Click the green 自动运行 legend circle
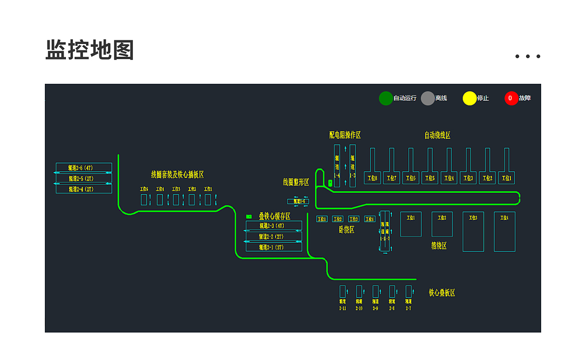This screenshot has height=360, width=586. click(386, 98)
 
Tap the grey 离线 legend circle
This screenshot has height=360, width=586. click(428, 98)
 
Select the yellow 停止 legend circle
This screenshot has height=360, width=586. click(470, 98)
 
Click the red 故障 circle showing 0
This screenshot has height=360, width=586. click(511, 98)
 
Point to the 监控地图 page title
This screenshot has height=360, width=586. click(90, 50)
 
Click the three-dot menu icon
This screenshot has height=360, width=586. click(527, 56)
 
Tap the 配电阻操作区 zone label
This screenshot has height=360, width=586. click(345, 135)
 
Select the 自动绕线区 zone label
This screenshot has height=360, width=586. click(437, 135)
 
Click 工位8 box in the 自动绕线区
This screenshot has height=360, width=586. click(372, 178)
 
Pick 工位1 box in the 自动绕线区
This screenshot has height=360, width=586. click(506, 178)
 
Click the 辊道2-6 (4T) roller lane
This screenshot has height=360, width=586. click(84, 168)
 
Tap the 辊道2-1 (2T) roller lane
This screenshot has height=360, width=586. click(274, 247)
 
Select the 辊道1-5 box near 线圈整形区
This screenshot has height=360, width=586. click(298, 202)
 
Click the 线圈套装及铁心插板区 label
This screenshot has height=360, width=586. click(177, 175)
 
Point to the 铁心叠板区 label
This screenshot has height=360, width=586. click(442, 293)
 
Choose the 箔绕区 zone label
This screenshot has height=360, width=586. click(439, 246)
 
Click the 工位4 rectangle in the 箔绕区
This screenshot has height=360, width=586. click(505, 232)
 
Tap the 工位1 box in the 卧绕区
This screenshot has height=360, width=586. click(322, 219)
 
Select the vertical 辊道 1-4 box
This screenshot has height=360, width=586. click(337, 166)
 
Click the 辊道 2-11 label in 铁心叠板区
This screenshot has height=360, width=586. click(342, 305)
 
